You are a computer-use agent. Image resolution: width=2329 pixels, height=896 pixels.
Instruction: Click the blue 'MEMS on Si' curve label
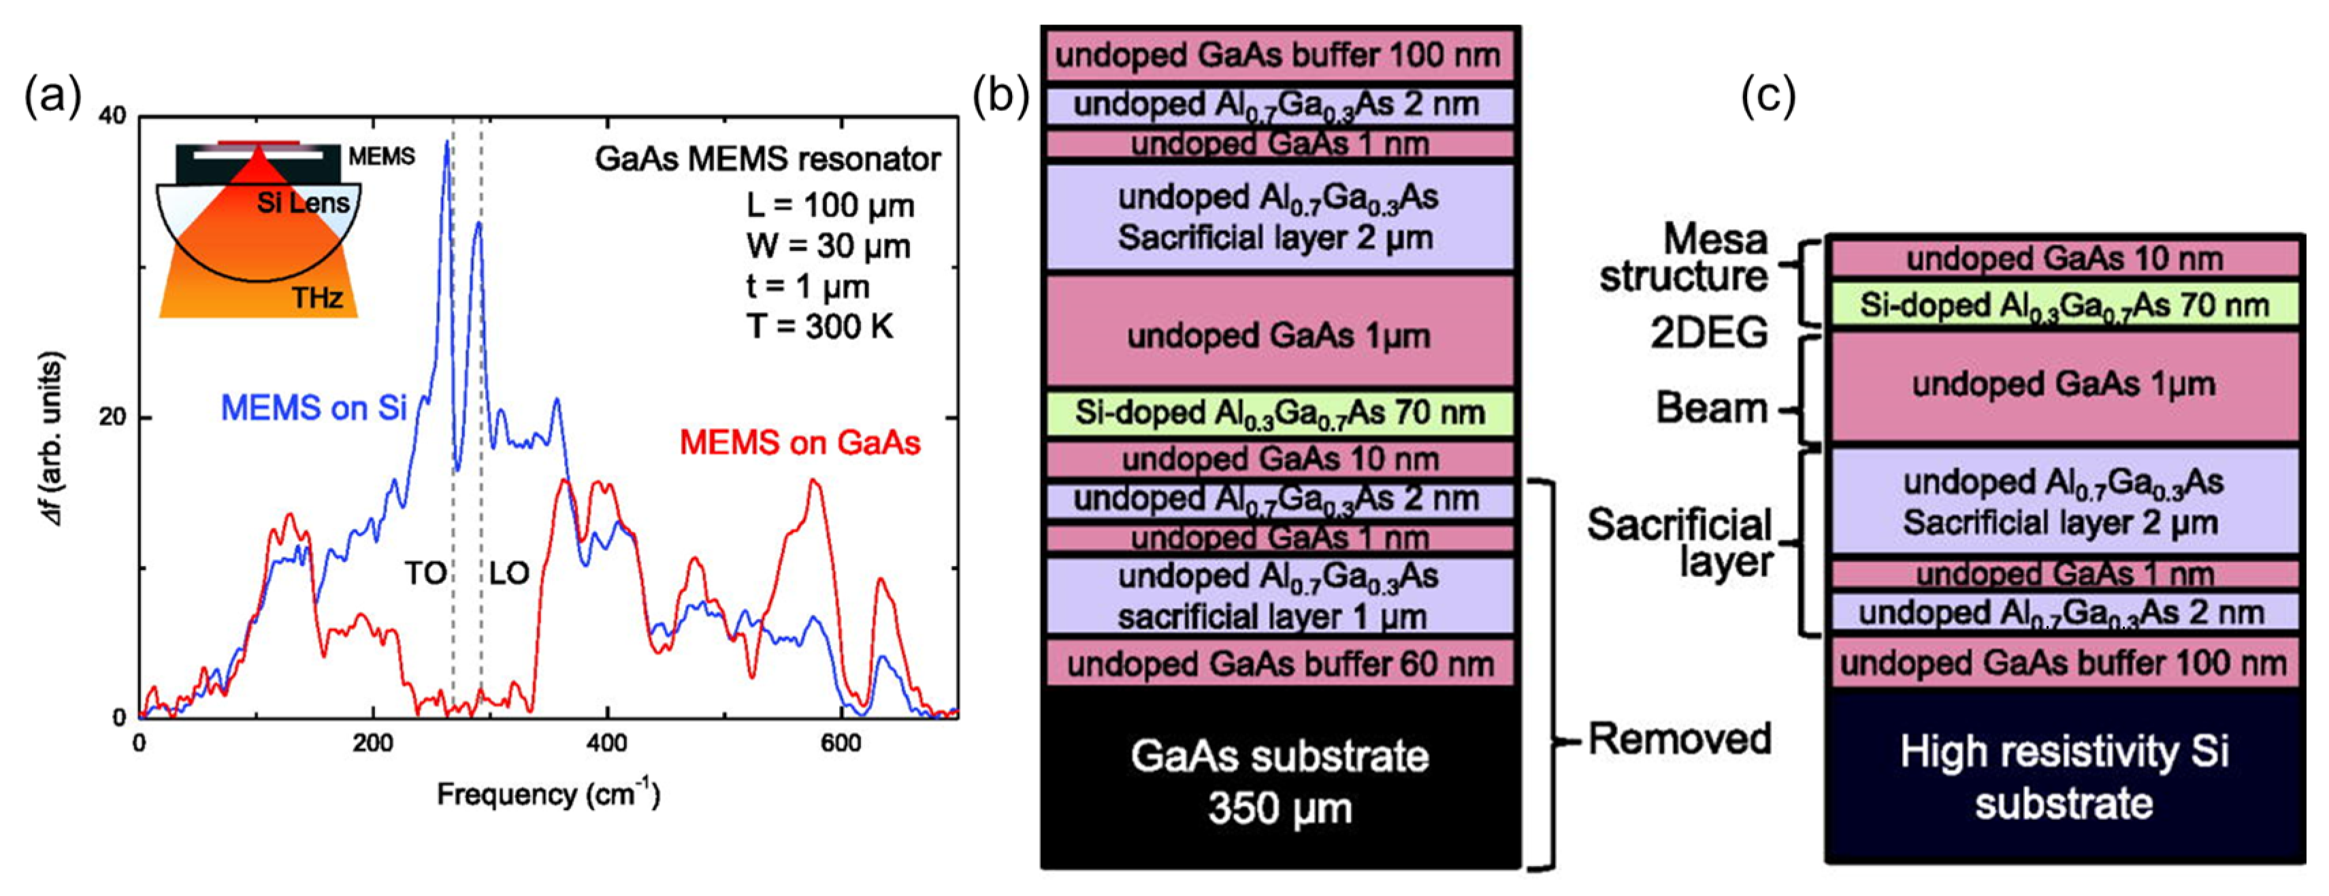314,409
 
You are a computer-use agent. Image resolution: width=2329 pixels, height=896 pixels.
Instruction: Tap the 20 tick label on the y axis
113,418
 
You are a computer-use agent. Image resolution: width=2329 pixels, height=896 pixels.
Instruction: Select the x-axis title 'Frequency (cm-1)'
548,795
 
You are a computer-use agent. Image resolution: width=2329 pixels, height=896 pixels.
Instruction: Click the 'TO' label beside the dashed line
425,574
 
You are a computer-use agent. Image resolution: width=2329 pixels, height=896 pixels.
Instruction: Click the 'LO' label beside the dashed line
509,574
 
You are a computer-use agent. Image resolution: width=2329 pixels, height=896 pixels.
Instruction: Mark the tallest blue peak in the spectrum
446,143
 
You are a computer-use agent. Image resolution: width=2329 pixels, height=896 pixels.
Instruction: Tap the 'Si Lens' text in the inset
303,203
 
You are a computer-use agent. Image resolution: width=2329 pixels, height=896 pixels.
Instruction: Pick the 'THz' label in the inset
316,297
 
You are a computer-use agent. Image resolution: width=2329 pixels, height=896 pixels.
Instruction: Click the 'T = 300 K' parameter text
819,327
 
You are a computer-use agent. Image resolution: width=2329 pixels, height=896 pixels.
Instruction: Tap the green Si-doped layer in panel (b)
1280,413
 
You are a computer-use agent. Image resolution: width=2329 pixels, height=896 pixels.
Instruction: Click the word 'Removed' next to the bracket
1679,739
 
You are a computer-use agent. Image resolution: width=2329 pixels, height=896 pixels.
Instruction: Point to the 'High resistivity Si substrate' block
2064,776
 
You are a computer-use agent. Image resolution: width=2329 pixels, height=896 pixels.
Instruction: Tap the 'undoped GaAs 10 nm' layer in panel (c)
2064,259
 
